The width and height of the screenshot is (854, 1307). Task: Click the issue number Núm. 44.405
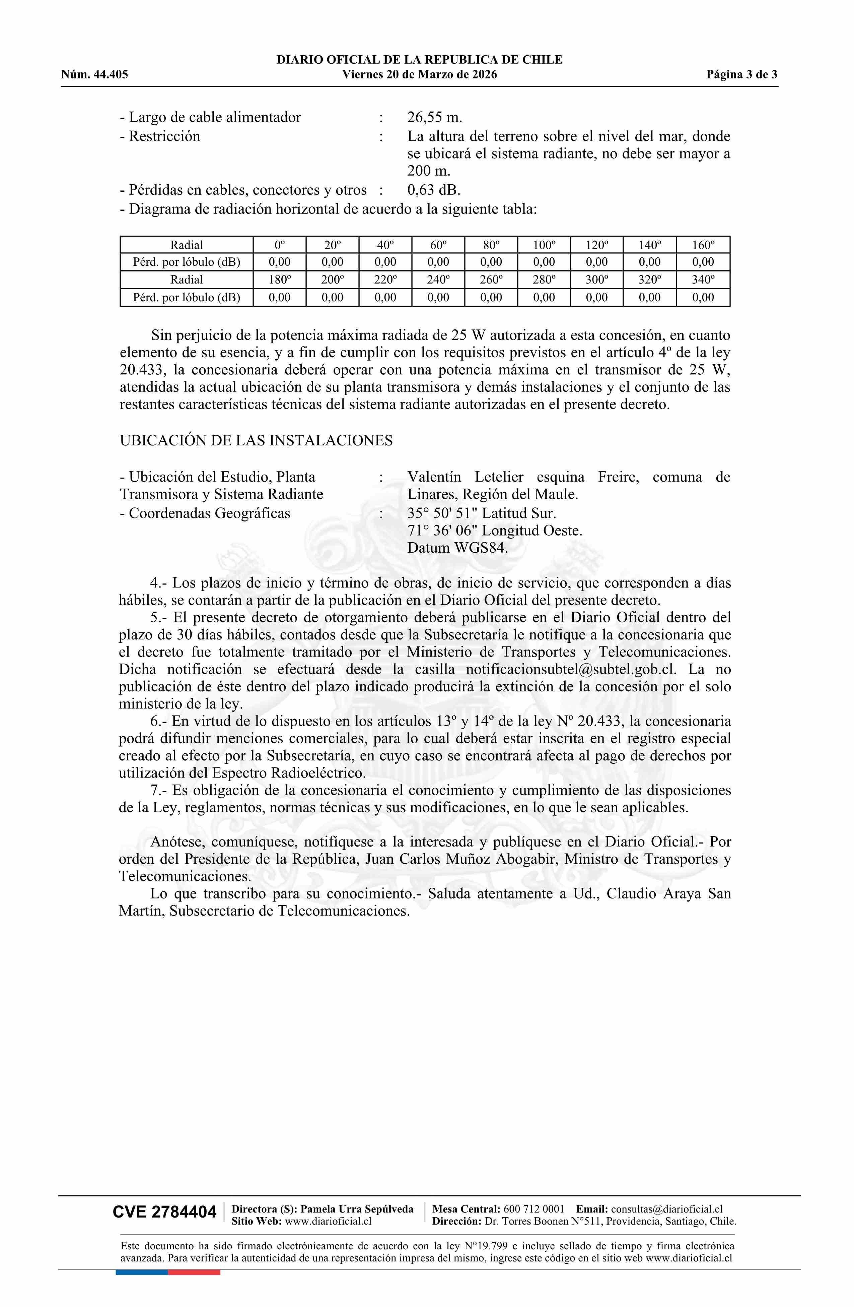[x=94, y=75]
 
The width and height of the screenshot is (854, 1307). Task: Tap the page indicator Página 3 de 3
[x=741, y=75]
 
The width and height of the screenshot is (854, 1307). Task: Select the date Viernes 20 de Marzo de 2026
[x=419, y=75]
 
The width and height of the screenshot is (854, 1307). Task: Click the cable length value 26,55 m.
[x=435, y=117]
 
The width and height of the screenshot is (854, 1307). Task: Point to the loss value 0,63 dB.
[x=434, y=190]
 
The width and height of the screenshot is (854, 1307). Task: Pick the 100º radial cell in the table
[x=544, y=245]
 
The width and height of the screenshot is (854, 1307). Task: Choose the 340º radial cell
[x=703, y=279]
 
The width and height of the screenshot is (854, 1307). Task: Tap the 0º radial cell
[x=279, y=245]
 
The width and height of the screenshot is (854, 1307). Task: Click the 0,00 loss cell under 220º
[x=385, y=298]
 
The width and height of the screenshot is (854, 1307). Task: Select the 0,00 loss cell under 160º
[x=703, y=262]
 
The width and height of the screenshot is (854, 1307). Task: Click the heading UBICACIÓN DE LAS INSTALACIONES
[x=256, y=440]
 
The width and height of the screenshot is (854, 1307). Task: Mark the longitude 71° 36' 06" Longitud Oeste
[x=495, y=531]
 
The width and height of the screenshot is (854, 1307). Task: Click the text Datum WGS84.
[x=458, y=548]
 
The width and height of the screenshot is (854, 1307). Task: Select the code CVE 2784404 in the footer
[x=165, y=1212]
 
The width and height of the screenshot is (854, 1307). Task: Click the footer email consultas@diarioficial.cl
[x=666, y=1209]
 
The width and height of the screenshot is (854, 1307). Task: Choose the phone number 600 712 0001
[x=533, y=1209]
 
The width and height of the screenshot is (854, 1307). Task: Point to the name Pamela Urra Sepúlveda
[x=357, y=1209]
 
